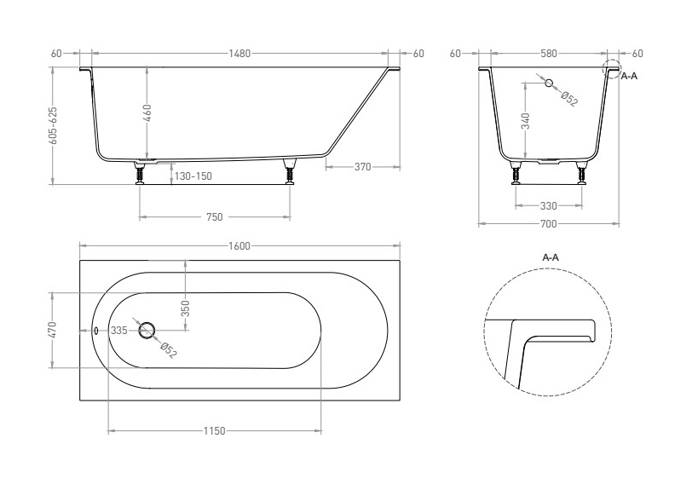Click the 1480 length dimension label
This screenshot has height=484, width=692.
(239, 54)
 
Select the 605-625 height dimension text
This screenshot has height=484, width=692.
(53, 125)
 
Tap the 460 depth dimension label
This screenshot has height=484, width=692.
(147, 113)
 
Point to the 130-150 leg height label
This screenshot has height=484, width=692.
(193, 176)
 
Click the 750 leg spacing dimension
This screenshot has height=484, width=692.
(214, 216)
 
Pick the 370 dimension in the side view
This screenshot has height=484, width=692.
(362, 167)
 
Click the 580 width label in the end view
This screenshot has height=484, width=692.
(549, 54)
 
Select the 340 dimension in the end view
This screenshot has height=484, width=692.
(525, 121)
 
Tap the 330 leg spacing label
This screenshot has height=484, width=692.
(549, 205)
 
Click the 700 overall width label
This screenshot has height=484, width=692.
(549, 224)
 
